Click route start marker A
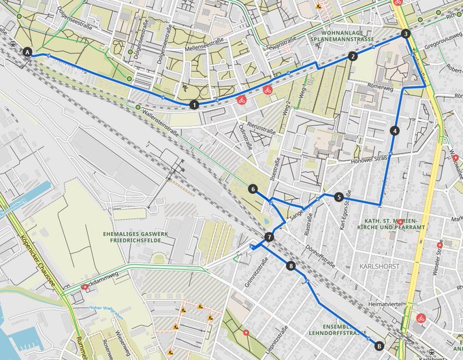tap(28, 52)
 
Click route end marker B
tap(379, 346)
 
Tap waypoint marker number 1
tap(195, 105)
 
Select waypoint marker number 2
tap(353, 57)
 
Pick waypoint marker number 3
tap(406, 33)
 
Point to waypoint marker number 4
tap(395, 130)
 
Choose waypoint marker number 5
tap(338, 197)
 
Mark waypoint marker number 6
tap(253, 189)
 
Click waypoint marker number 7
tap(270, 238)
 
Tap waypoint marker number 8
tap(291, 266)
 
